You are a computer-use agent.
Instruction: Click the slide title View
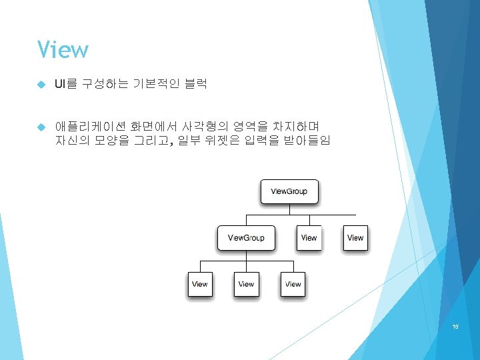tap(63, 50)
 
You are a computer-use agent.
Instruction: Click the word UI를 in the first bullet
tap(66, 84)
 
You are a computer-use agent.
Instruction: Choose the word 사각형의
tap(203, 126)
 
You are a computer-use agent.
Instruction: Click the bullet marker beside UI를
tap(41, 85)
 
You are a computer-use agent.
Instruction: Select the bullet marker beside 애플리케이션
tap(41, 127)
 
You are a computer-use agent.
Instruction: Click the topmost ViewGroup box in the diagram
tap(289, 192)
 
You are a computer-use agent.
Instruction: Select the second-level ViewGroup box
tap(246, 238)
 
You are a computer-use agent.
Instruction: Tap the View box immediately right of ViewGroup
tap(309, 238)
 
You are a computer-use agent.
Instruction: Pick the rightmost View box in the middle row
tap(355, 238)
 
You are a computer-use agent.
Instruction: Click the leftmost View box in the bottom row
tap(199, 284)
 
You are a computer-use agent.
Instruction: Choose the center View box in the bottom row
tap(246, 284)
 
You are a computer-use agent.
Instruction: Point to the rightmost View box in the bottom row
tap(293, 284)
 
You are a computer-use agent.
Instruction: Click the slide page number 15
tap(455, 326)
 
